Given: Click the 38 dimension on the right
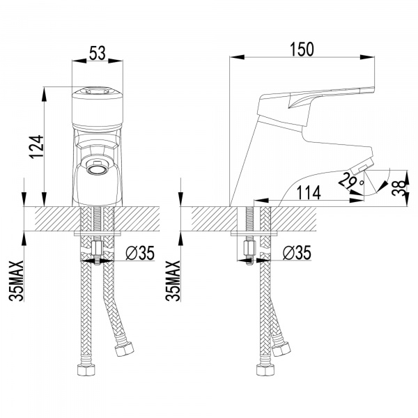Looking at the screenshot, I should [399, 187].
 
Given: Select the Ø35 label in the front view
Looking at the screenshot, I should [140, 253].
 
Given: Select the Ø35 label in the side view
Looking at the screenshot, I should [297, 253].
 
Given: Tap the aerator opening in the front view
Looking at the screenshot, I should [97, 167].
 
